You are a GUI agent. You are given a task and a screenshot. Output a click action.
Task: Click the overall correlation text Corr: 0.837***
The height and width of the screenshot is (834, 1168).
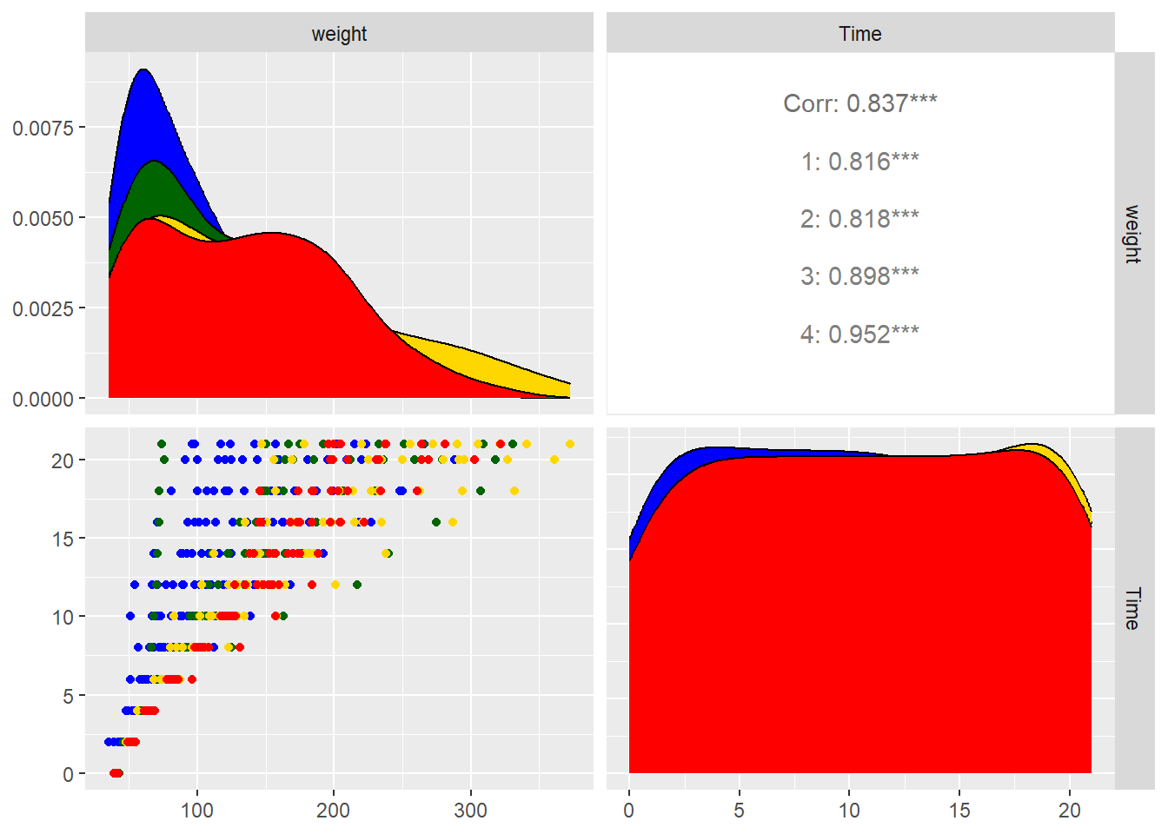859,103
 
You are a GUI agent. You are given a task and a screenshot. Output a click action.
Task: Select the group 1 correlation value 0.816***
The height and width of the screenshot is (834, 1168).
859,162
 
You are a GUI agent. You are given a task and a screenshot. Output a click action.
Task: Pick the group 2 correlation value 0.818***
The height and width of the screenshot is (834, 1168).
859,219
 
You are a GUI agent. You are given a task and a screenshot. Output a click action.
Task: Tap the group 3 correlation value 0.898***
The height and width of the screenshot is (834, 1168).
859,276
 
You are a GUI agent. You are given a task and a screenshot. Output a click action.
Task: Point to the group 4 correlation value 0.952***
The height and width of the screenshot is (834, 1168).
859,334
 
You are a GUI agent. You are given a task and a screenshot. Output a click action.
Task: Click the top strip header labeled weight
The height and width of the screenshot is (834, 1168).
339,34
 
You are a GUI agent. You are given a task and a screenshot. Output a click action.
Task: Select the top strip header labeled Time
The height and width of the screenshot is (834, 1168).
859,34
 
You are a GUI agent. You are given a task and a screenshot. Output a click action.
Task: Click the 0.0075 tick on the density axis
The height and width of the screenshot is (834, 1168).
43,128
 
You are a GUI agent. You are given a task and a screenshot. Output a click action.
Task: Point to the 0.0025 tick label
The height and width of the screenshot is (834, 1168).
43,308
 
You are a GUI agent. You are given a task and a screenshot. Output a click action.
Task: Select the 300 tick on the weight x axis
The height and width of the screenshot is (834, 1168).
470,811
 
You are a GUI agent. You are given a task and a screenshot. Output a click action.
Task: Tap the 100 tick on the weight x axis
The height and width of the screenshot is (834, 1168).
197,811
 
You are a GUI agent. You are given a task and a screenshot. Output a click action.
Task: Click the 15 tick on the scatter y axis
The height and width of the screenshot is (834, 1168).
63,539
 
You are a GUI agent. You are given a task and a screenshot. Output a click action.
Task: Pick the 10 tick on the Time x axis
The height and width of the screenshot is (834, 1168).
849,811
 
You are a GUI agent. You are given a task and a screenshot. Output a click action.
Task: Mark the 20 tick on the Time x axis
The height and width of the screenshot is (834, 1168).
1069,811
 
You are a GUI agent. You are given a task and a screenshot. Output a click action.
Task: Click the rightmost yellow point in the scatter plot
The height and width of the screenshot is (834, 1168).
570,444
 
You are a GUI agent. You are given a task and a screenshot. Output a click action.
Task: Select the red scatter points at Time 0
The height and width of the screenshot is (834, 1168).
116,773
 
